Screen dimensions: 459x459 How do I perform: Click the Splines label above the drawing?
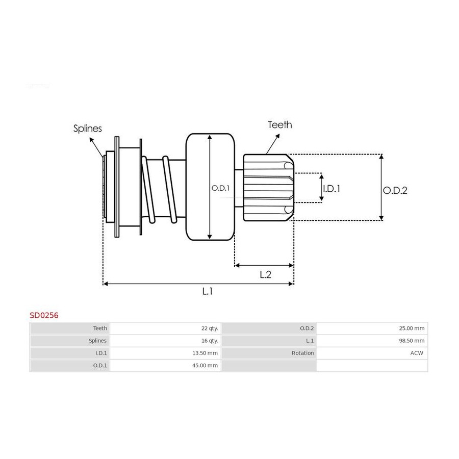88,129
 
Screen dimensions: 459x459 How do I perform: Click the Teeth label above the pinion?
280,125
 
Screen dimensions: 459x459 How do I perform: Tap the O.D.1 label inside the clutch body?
220,188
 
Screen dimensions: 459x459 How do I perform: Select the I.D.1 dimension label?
331,189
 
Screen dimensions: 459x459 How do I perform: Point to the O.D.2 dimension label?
395,191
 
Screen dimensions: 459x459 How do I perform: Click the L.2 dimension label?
266,274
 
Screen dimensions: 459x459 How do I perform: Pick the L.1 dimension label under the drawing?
207,291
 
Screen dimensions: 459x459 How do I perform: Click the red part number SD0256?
44,315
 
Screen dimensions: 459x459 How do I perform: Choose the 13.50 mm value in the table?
205,353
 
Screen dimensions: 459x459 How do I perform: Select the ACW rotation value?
417,353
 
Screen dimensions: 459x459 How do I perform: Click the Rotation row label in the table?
302,353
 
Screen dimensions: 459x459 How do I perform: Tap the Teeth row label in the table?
100,328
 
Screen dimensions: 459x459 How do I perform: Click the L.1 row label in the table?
310,341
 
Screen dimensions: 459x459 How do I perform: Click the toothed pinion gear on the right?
268,188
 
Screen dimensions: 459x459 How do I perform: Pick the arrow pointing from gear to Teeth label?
273,144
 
